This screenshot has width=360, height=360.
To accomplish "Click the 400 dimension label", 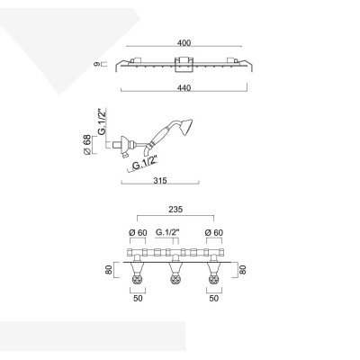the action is tap(184, 43).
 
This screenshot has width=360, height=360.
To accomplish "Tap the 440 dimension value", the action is tap(184, 87).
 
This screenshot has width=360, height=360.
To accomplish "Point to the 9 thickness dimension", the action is tap(96, 64).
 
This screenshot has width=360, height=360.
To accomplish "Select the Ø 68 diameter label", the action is tap(86, 145).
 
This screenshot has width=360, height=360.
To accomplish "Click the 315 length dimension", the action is tap(160, 181).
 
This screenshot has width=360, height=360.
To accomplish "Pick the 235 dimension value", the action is tap(175, 210).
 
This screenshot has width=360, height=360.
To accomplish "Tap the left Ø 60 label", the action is tap(138, 232).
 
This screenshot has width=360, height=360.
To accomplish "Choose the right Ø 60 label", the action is tap(214, 232).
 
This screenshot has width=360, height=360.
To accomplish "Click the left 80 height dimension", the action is tap(109, 269).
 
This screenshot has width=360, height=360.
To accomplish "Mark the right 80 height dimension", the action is tap(242, 269).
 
